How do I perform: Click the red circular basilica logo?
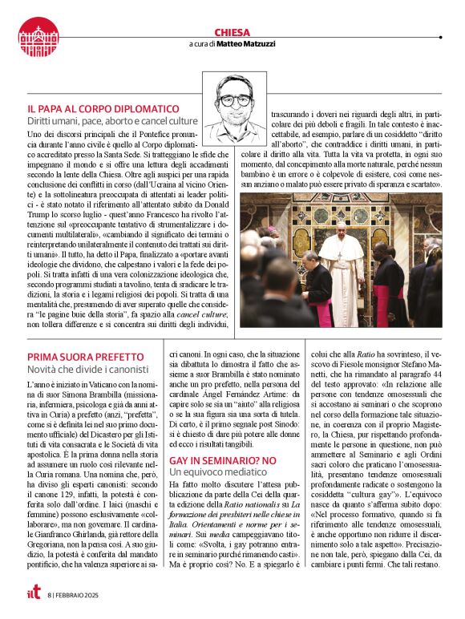pyautogui.click(x=38, y=38)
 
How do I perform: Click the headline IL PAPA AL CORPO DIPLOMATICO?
pyautogui.click(x=103, y=108)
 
